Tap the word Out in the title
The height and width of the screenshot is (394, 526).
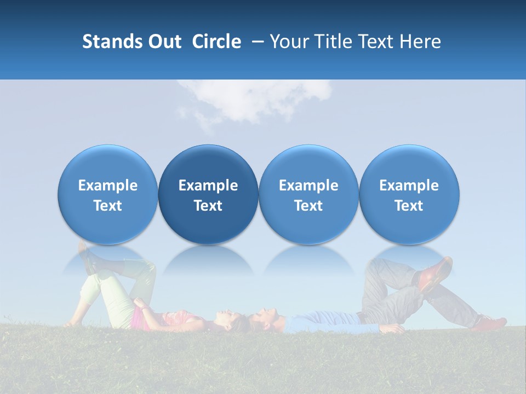(x=163, y=42)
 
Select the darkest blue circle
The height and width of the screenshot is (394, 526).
(x=208, y=195)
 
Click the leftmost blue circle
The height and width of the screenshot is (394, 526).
(x=108, y=195)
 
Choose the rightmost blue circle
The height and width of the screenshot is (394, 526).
(x=409, y=195)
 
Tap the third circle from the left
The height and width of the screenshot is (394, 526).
(x=308, y=195)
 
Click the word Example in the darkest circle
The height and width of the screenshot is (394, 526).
(x=208, y=186)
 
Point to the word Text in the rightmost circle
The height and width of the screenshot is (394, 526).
(x=409, y=206)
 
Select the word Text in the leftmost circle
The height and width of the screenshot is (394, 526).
(x=108, y=206)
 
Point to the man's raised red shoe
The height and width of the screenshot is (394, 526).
(x=436, y=273)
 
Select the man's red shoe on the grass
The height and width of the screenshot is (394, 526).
(x=490, y=323)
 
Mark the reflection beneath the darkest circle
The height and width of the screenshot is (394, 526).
(x=208, y=260)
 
